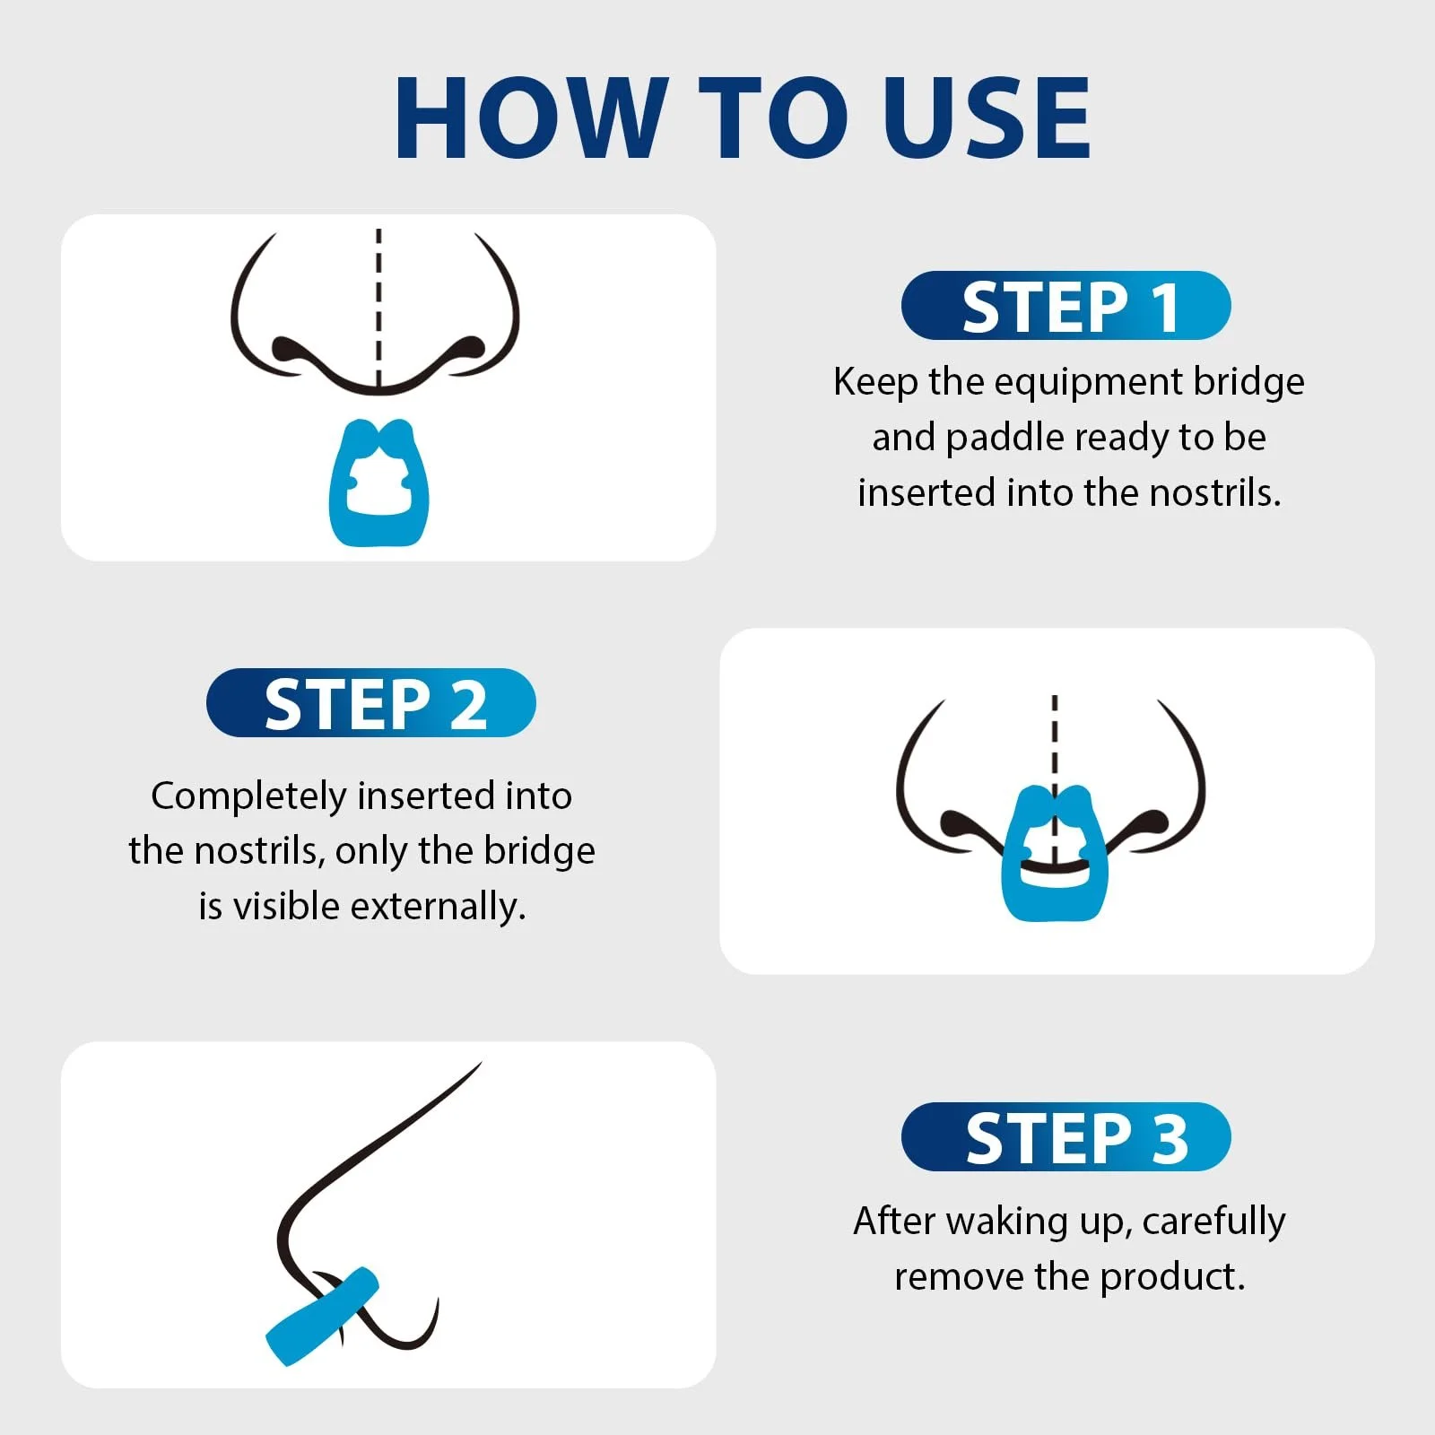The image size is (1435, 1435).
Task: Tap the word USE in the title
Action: (x=987, y=117)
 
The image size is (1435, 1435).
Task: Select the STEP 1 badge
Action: (x=1066, y=306)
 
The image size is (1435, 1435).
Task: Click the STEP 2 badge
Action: (x=371, y=703)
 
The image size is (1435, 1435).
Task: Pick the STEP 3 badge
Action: (x=1066, y=1137)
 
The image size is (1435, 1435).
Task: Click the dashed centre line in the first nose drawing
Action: (x=378, y=309)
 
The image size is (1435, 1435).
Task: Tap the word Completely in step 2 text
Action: (x=248, y=796)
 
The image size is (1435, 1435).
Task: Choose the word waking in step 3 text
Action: (x=1012, y=1222)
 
